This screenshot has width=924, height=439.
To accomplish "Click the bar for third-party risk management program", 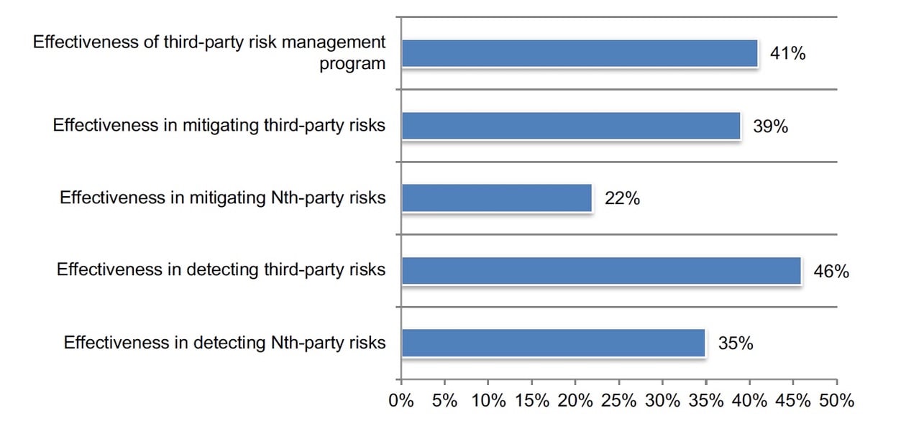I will click(580, 53).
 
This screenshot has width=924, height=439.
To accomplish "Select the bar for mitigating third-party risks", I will click(571, 126).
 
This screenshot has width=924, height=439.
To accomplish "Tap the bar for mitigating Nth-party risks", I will click(496, 198).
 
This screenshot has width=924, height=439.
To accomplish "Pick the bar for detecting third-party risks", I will click(601, 271).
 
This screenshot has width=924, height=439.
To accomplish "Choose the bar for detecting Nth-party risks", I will click(553, 343).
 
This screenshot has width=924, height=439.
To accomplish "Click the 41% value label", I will click(787, 53).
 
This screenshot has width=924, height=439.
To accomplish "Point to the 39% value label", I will click(770, 126).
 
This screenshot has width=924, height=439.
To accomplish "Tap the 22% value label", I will click(622, 199).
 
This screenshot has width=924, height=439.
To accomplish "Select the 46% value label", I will click(831, 272).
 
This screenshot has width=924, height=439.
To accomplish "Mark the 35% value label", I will click(735, 344).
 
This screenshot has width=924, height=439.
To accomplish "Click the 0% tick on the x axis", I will click(401, 401).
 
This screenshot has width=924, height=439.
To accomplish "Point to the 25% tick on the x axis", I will click(619, 401).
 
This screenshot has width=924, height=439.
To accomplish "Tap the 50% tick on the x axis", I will click(837, 401).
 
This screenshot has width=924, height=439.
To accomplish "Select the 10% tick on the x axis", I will click(488, 401).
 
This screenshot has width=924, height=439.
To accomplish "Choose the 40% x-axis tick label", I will click(750, 401).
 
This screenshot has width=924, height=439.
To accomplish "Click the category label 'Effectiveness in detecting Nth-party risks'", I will click(224, 343).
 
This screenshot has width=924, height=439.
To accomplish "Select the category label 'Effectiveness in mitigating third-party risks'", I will click(219, 126).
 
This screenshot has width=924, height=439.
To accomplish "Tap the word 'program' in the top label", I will click(352, 64).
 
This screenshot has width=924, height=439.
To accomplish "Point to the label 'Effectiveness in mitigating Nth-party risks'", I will click(222, 198).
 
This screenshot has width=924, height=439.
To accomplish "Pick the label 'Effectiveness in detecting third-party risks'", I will click(221, 270).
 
